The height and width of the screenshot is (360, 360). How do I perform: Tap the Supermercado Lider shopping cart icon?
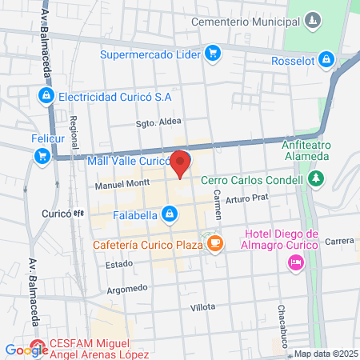(212, 54)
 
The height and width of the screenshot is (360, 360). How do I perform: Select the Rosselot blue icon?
(326, 58)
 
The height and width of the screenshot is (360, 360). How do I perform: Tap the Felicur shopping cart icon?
(42, 156)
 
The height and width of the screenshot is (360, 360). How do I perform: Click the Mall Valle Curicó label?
(126, 161)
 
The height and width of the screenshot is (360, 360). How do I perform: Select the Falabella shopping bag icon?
(170, 214)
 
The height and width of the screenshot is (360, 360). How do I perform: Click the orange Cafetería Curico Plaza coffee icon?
(214, 243)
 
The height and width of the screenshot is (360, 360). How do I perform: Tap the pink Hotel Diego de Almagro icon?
(296, 262)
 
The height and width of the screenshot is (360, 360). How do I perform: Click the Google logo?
(26, 350)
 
